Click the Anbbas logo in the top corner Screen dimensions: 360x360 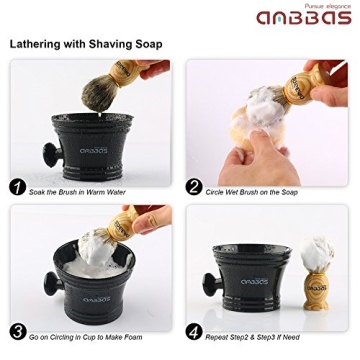(x=302, y=20)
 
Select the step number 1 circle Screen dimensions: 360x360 (x=17, y=187)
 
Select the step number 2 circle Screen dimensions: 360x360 (x=194, y=187)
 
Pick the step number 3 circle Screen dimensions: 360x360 (x=17, y=331)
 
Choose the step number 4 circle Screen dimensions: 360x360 (x=194, y=331)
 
